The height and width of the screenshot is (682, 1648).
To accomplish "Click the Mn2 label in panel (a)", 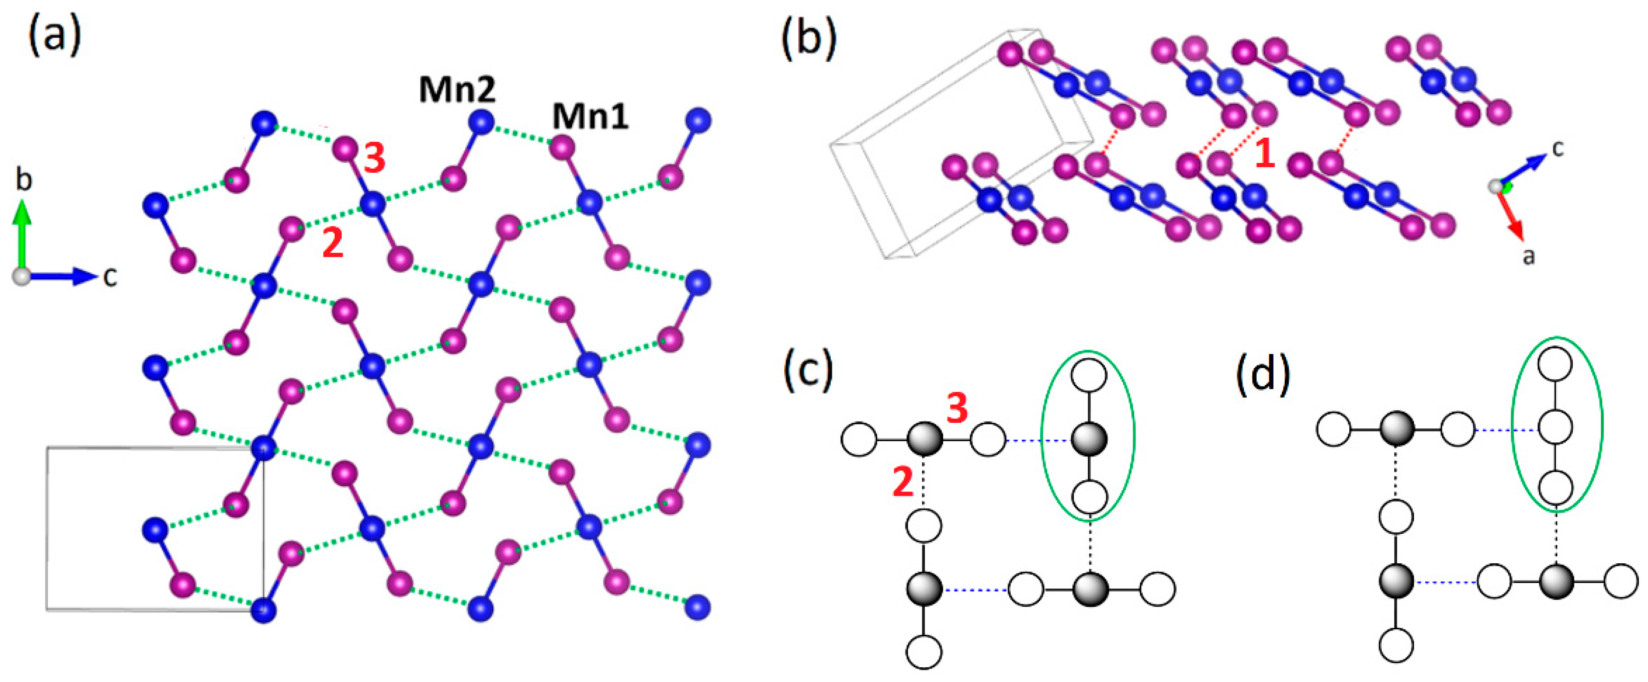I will (457, 89).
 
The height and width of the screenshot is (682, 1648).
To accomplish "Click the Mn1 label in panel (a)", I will (590, 117).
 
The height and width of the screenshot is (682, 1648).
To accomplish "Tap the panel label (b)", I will (809, 40).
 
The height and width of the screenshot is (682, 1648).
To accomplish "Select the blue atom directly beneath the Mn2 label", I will (481, 121).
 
